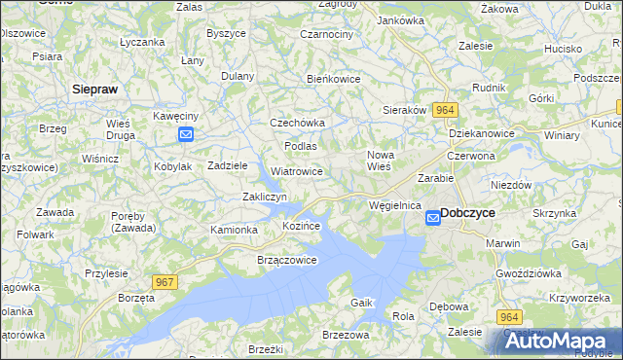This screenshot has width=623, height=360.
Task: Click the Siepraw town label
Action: point(95,89)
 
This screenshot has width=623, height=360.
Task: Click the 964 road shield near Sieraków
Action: point(446,110)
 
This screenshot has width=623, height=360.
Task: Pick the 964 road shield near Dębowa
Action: point(507,317)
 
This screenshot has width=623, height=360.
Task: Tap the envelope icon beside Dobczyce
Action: point(433,220)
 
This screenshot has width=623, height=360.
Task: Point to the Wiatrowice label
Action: point(297,171)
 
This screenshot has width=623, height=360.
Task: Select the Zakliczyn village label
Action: point(264,197)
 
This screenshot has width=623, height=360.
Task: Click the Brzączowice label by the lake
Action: point(287,261)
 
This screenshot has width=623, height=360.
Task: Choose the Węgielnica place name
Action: point(395,206)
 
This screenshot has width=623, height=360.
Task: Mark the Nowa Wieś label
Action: point(379,161)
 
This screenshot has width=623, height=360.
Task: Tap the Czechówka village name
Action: point(297,124)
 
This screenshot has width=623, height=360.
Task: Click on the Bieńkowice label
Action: point(334,79)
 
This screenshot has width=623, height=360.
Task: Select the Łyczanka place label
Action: point(141,43)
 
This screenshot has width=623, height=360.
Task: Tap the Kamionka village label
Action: point(235,230)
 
